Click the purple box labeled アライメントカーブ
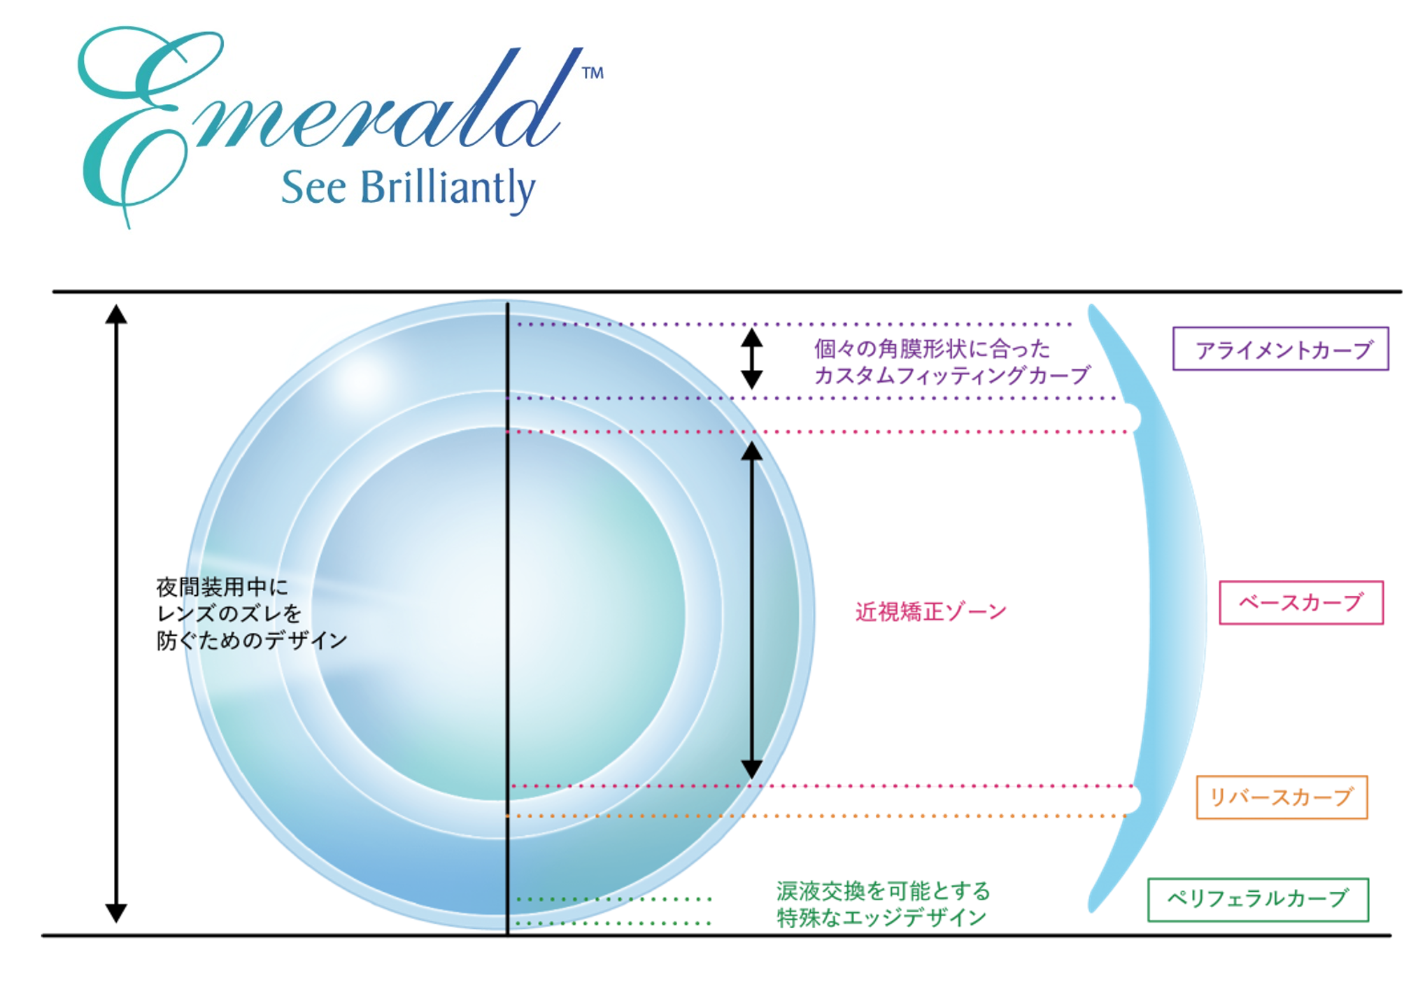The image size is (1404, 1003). [x=1280, y=348]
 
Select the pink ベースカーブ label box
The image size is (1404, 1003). [x=1301, y=602]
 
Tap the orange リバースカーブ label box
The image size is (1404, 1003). [x=1282, y=797]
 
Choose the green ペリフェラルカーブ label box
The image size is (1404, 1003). [x=1257, y=899]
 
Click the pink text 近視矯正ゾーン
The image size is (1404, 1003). [x=930, y=612]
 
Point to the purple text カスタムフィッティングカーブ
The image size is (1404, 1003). [x=951, y=376]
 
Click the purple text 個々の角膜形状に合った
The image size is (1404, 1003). [x=932, y=349]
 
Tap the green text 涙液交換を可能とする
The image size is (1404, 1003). [x=883, y=891]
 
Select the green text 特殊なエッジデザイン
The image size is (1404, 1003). [x=881, y=918]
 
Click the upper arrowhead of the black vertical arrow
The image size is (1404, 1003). [x=751, y=451]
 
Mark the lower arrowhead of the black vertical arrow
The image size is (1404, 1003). [x=751, y=769]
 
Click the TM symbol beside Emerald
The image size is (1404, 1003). [x=593, y=73]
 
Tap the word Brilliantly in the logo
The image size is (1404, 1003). [x=448, y=189]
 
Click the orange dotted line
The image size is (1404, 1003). [x=818, y=816]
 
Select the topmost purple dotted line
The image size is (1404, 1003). [x=790, y=325]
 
